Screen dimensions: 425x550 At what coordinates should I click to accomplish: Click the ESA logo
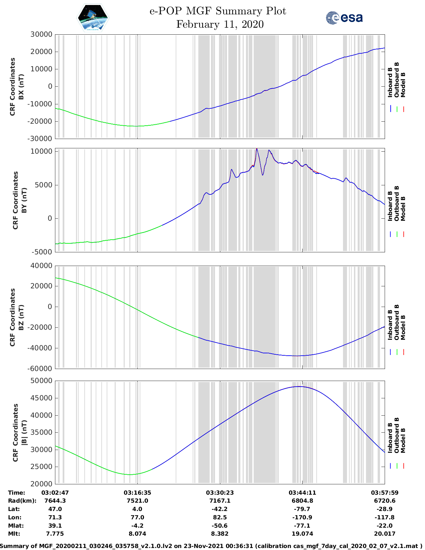[x=344, y=18]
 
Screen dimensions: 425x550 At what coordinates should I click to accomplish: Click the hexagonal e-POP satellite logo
[x=93, y=18]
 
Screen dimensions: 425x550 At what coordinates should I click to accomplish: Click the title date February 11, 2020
[x=220, y=24]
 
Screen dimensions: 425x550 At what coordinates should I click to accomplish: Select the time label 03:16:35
[x=137, y=493]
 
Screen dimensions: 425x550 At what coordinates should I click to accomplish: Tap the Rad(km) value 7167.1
[x=220, y=501]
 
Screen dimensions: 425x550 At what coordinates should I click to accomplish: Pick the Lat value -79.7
[x=302, y=509]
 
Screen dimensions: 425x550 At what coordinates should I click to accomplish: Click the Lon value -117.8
[x=384, y=517]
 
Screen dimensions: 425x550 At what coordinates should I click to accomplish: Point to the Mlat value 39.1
[x=55, y=526]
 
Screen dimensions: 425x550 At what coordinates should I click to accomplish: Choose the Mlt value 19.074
[x=302, y=534]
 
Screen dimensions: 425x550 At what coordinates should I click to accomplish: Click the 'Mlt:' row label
[x=14, y=534]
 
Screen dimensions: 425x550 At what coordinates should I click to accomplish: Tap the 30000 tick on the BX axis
[x=41, y=34]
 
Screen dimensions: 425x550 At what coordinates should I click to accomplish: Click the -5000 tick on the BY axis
[x=42, y=252]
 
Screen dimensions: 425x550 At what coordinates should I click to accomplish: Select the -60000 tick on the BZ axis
[x=40, y=369]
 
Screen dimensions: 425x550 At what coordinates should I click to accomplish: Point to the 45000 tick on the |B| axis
[x=41, y=398]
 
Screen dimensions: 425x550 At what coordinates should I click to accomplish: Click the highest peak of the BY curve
[x=257, y=149]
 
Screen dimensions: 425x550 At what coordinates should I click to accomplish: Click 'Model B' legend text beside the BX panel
[x=403, y=85]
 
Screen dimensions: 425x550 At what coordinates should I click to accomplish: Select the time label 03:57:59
[x=384, y=493]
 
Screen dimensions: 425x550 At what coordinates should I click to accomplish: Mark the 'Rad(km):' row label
[x=22, y=501]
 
